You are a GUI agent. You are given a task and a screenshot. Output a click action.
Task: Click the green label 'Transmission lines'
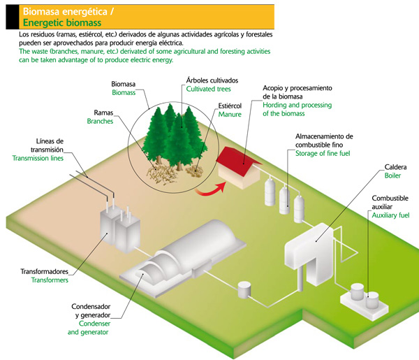pyautogui.click(x=38, y=159)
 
